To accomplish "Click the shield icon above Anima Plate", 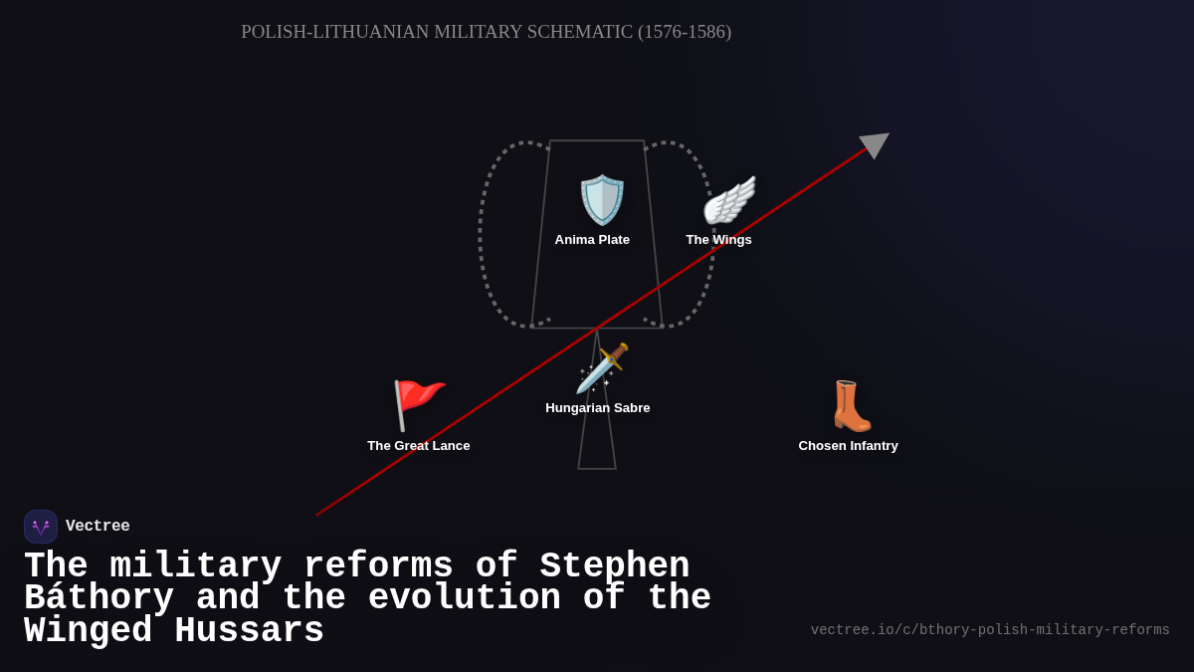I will coord(602,200).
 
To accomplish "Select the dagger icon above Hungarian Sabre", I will coord(602,368).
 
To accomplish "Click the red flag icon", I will coord(418,404).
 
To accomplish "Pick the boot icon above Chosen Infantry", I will coord(851,406).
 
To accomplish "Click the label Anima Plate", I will coord(592,240).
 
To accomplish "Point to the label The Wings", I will coord(718,240).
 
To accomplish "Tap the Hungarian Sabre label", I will coord(597,408).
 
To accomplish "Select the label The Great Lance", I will coord(418,446).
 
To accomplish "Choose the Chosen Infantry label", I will coord(848,446).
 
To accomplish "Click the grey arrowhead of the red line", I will coord(875,144).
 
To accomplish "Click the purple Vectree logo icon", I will coord(41,527).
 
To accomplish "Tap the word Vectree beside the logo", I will coord(98,527).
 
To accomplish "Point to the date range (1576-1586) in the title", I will coord(685,32).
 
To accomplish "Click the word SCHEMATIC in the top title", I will coord(580,32).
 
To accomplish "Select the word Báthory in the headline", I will coord(99,598).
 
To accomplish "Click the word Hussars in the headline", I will coord(249,631).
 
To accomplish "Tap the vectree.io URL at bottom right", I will coord(990,630).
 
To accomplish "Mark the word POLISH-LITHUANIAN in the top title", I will coord(334,32).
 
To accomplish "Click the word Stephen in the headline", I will coord(614,566).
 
